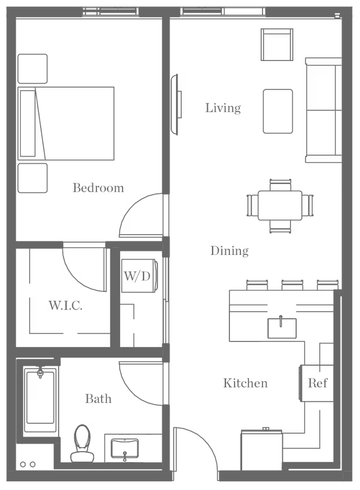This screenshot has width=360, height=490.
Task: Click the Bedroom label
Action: click(x=98, y=188)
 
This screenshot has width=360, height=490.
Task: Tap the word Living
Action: click(x=223, y=108)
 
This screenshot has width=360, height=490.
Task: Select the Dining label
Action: click(x=229, y=251)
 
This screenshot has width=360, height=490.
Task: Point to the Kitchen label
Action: click(x=245, y=383)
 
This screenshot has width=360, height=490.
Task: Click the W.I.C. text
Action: click(x=65, y=305)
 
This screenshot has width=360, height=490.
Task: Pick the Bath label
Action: click(x=98, y=399)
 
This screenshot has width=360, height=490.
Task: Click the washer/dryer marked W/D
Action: click(x=139, y=276)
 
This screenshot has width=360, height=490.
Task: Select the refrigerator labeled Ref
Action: click(x=316, y=383)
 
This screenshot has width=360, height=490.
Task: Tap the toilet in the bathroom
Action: click(x=82, y=444)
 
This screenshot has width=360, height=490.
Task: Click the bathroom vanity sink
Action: click(x=125, y=448)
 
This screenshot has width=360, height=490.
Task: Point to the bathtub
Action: click(x=40, y=397)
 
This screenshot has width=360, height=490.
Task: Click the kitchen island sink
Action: click(x=282, y=328)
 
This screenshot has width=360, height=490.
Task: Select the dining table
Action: click(x=280, y=206)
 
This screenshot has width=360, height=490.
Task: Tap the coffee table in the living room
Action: click(x=278, y=111)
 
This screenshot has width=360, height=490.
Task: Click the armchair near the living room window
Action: click(x=277, y=44)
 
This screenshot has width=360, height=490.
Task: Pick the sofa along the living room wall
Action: click(x=323, y=110)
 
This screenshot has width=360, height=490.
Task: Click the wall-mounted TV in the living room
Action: click(x=175, y=105)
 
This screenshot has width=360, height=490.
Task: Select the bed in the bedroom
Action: click(x=66, y=124)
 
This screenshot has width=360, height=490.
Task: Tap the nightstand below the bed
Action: click(x=33, y=178)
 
